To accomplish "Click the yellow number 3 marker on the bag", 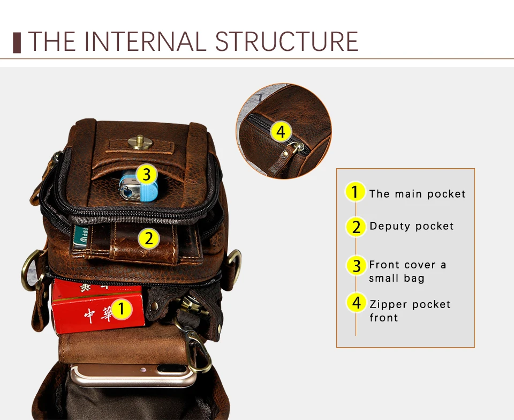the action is [x=146, y=174].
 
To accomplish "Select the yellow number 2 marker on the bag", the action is [x=149, y=238].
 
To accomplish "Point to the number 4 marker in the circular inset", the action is [x=281, y=131].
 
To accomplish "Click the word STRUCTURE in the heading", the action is [x=286, y=41].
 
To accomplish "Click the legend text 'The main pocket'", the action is [x=417, y=194].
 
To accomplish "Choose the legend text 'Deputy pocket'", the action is [x=411, y=226].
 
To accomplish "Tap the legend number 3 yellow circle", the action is [x=356, y=265].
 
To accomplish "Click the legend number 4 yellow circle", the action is [x=356, y=303].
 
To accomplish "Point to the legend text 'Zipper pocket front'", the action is [x=410, y=311].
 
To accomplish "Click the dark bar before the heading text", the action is [x=17, y=42].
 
